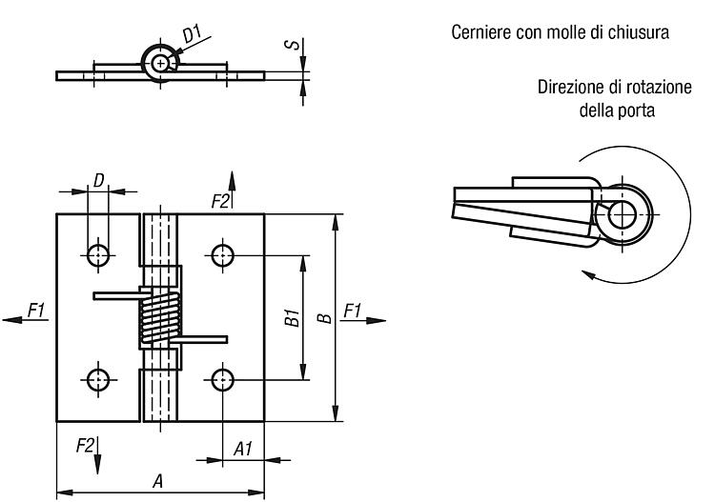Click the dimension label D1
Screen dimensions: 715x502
[192, 35]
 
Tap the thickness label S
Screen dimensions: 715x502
[293, 44]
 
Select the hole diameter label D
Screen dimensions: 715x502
[98, 180]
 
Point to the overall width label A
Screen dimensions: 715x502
[157, 481]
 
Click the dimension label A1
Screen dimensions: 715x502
[242, 449]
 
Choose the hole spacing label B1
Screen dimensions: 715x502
[292, 318]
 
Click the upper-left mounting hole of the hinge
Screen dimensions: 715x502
[98, 255]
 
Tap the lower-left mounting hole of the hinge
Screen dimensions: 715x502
[98, 379]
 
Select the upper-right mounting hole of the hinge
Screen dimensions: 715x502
[222, 255]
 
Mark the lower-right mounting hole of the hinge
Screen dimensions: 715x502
[222, 379]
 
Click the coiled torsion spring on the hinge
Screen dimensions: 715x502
[159, 317]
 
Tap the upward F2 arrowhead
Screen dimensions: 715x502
[232, 181]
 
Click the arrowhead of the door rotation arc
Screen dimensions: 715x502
[589, 274]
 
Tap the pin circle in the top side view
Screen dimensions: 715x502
[159, 63]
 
